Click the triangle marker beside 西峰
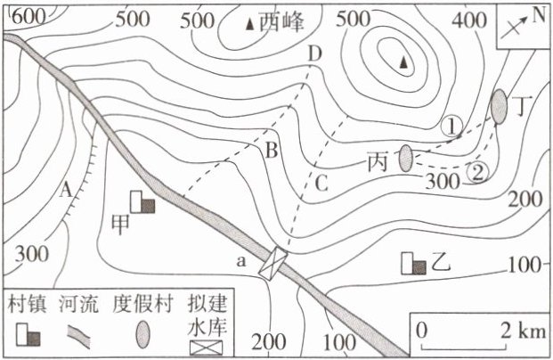click(x=248, y=25)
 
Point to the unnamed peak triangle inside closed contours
click(x=403, y=62)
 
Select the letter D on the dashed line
click(x=313, y=55)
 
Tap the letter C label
click(x=321, y=184)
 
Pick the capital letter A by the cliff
click(x=66, y=190)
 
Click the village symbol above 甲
click(x=142, y=203)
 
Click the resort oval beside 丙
click(x=406, y=159)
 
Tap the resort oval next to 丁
click(x=499, y=105)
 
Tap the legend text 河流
click(x=78, y=303)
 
